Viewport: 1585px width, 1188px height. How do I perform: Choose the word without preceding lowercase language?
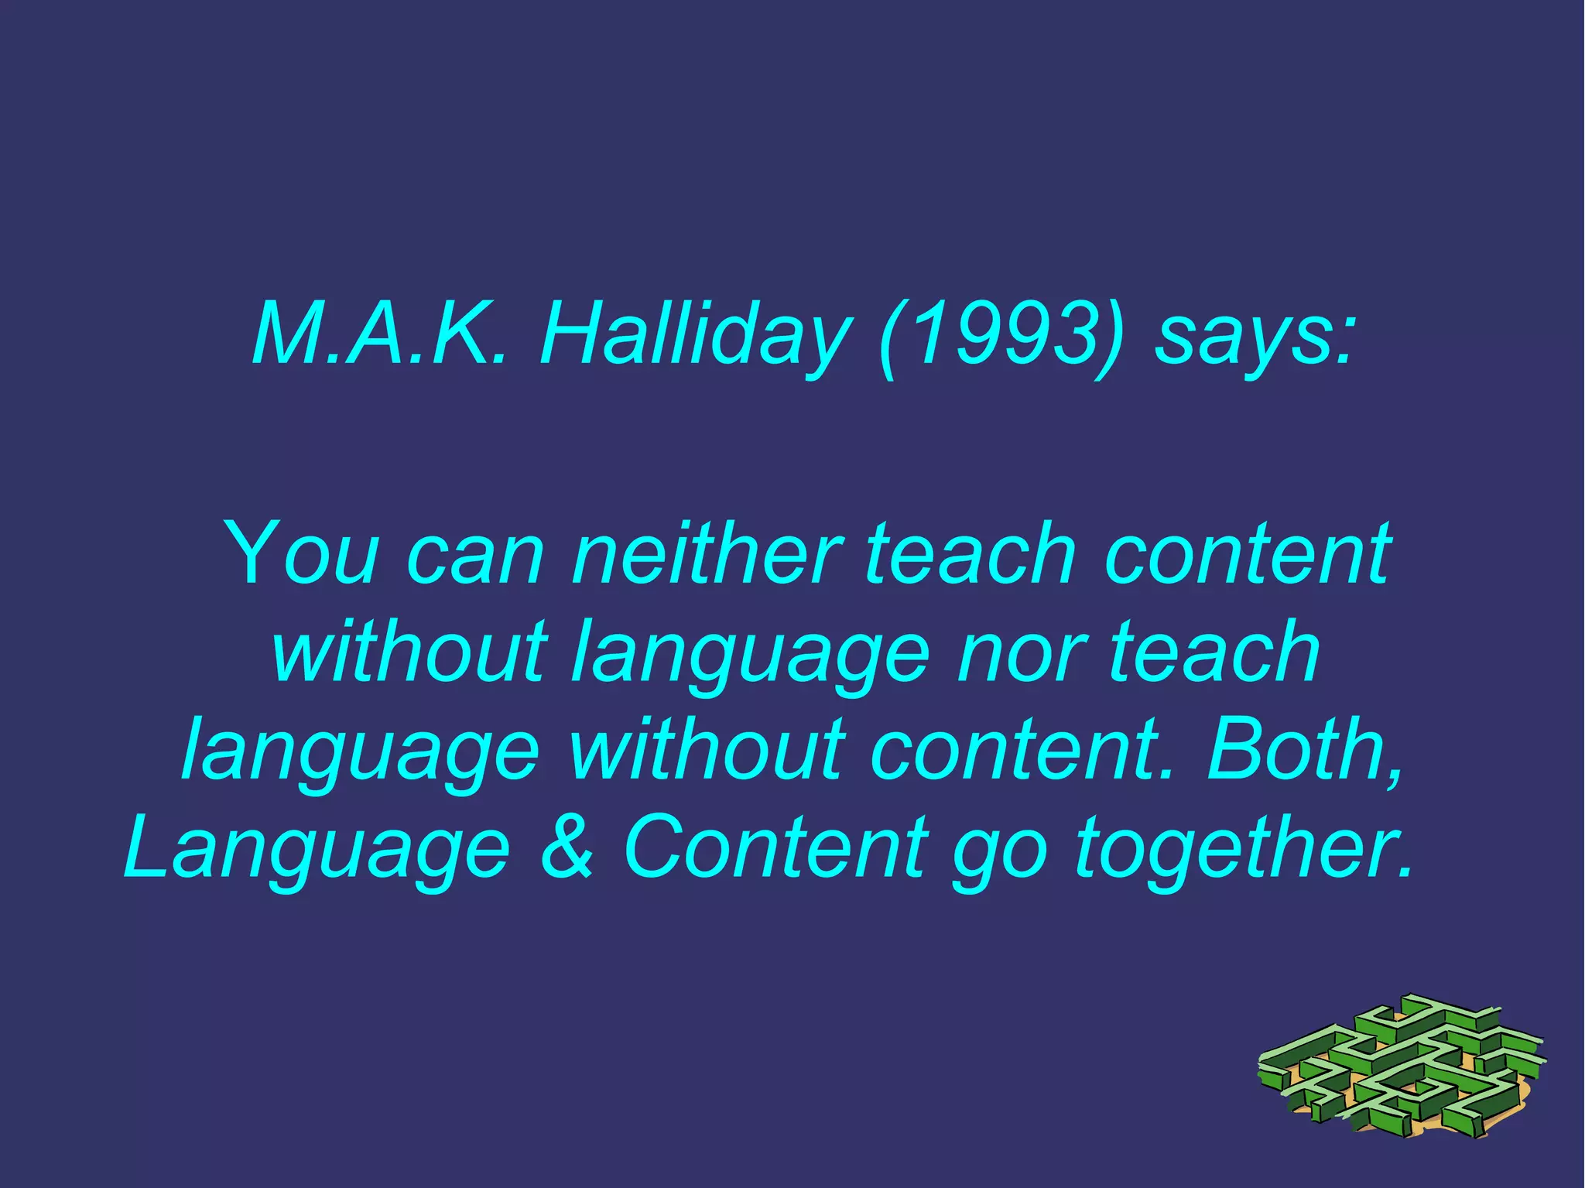(x=410, y=652)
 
